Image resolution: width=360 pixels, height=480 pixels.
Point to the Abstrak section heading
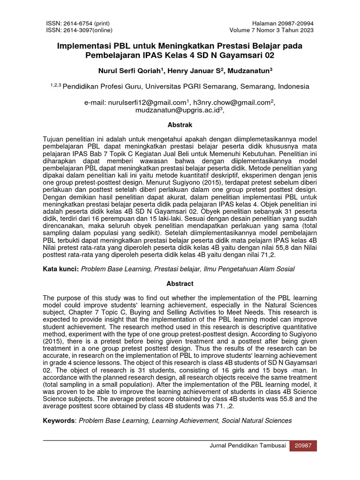180,125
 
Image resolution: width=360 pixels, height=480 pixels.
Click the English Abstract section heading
180,284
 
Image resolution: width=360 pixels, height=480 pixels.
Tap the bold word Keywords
59,420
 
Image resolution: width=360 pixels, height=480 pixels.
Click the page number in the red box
303,446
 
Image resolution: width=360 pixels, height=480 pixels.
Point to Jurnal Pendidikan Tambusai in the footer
247,446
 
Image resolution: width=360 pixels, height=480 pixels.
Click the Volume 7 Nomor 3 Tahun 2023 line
271,30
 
